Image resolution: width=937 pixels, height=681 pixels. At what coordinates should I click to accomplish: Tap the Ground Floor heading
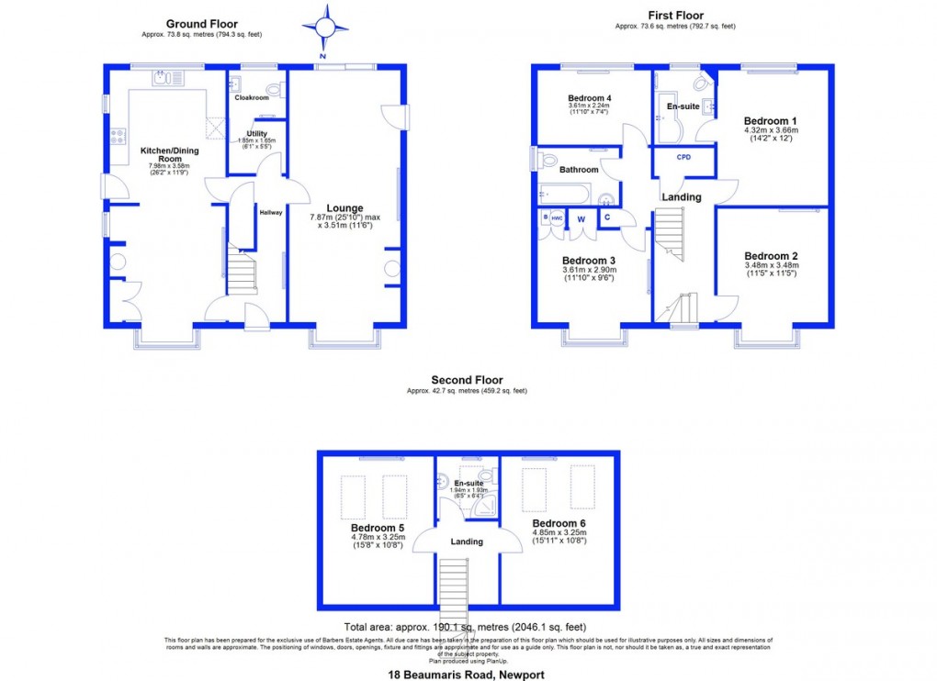click(201, 24)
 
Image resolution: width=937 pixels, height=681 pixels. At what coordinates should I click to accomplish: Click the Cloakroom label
click(251, 97)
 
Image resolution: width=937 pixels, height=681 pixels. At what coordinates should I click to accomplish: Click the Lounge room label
click(344, 208)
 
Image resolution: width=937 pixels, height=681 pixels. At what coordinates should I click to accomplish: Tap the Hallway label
click(270, 212)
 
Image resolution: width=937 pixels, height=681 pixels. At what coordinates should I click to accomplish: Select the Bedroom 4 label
click(589, 98)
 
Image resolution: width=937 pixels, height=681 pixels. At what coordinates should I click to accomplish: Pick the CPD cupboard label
click(683, 157)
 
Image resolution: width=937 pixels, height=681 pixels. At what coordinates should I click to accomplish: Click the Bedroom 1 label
click(770, 121)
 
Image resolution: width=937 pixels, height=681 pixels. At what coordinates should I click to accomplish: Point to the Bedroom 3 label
click(588, 261)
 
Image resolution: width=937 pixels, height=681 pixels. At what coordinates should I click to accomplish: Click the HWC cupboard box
click(557, 218)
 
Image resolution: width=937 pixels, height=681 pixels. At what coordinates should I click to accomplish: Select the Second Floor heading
click(467, 380)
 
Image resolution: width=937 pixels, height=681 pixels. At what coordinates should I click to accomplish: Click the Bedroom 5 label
click(378, 529)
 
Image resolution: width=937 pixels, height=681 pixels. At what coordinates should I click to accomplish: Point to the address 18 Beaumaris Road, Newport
click(467, 675)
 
